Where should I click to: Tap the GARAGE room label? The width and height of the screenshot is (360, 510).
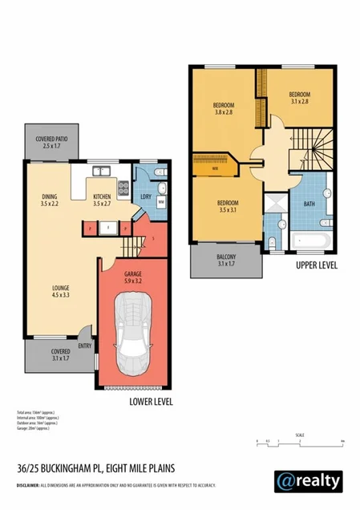coord(132,277)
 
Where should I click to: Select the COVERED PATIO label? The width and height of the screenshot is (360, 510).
coord(51,143)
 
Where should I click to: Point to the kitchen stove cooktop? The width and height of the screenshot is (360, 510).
coord(123,190)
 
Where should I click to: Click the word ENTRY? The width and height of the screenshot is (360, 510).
coord(84,346)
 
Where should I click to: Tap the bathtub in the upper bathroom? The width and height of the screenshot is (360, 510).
coord(310,239)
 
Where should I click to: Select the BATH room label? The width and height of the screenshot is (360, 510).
coord(310,204)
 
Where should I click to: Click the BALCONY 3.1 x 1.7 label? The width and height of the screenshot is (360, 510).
coord(227,260)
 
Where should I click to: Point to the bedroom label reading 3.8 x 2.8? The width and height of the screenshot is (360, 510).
coord(224,110)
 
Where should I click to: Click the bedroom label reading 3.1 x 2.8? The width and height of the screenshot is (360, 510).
coord(300,98)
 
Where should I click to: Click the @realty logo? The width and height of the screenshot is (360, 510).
coord(309,479)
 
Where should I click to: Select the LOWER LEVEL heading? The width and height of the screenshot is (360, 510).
coord(151,402)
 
